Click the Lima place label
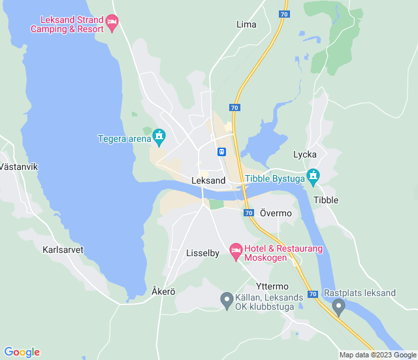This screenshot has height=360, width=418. pos(246,24)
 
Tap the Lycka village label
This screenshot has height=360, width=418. pos(305,154)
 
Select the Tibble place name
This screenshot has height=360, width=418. pos(326,200)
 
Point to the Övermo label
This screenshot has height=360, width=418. pos(276,213)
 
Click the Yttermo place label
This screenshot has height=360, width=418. pos(272,286)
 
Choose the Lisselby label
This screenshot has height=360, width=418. pos(202,253)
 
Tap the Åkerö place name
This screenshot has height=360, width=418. pos(163,291)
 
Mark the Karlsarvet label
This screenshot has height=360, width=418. pos(63,250)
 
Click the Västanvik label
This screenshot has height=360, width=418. pos(18,167)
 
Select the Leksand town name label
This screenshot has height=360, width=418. pos(209,180)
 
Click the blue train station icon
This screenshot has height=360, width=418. pos(222,152)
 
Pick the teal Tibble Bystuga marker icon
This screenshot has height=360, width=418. pos(313,175)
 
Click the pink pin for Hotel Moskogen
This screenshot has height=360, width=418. pos(236,250)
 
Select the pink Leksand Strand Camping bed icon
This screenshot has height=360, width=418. pos(112,24)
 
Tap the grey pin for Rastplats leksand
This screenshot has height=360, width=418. pos(338,306)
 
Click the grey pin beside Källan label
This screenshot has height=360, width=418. pos(227,300)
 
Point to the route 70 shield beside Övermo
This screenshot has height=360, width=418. pos(248,213)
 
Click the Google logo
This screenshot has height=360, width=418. pos(22,352)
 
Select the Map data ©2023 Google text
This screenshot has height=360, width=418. pos(377,355)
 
